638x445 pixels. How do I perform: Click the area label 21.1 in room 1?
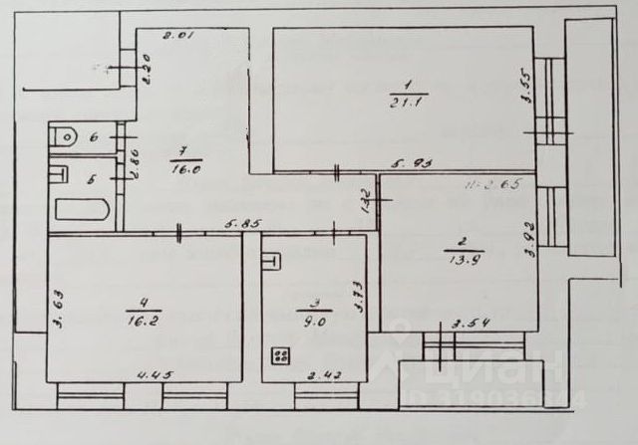(404, 99)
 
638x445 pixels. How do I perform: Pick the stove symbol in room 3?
(282, 355)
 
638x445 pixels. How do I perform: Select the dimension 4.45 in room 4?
(150, 375)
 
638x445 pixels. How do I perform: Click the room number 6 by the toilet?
(93, 137)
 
